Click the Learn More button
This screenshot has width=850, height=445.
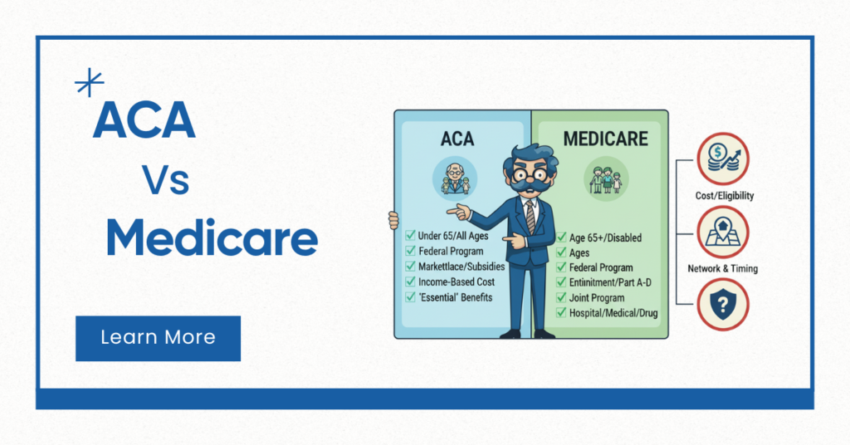[x=158, y=338]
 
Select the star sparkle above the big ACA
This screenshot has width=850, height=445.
[x=89, y=83]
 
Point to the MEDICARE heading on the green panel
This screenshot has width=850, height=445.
[x=605, y=138]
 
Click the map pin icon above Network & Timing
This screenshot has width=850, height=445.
[x=722, y=232]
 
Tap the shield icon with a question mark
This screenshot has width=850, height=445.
[x=722, y=303]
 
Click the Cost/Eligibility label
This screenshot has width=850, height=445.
[x=725, y=196]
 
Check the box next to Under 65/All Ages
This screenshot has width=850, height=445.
[x=410, y=236]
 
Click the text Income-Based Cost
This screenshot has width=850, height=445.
[x=456, y=281]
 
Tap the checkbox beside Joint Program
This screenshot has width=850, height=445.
[x=562, y=297]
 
